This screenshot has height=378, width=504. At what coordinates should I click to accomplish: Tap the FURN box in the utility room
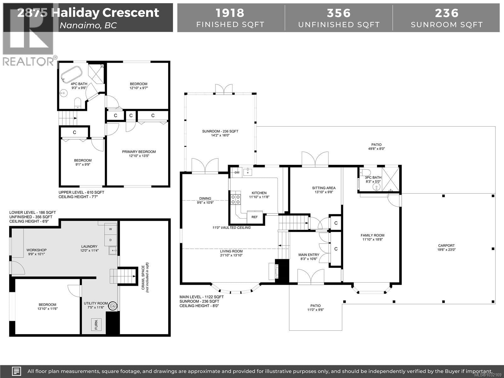[x=96, y=324]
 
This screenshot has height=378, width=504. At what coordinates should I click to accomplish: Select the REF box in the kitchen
[x=255, y=217]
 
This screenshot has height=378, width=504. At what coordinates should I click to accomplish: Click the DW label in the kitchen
[x=237, y=172]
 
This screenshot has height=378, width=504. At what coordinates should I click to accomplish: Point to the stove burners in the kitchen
[x=236, y=199]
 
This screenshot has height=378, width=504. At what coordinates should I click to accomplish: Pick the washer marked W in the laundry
[x=110, y=229]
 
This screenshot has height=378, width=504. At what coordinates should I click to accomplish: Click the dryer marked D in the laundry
[x=110, y=240]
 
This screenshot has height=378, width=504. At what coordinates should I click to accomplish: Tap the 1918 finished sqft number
[x=230, y=13]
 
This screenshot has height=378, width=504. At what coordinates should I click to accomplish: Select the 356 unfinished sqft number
[x=339, y=13]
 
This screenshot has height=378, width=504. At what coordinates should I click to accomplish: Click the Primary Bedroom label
[x=139, y=152]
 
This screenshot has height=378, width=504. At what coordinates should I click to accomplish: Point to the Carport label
[x=446, y=246]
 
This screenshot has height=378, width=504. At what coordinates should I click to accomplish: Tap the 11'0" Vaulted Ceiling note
[x=231, y=227]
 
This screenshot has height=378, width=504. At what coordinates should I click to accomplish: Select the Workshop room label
[x=37, y=250]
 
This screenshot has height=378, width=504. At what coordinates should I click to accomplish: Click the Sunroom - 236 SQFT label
[x=220, y=131]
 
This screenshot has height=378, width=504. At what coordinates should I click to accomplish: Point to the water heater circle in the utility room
[x=112, y=306]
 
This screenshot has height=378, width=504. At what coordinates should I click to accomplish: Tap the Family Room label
[x=372, y=235]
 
